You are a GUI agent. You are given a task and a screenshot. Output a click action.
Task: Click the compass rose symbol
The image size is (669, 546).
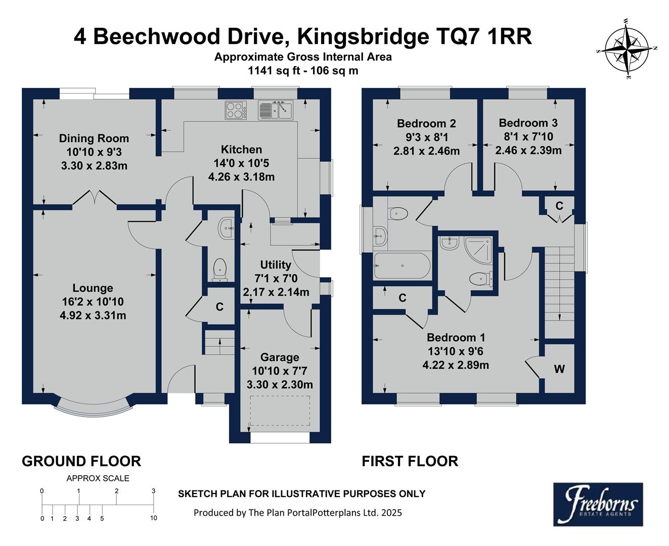(x=627, y=49)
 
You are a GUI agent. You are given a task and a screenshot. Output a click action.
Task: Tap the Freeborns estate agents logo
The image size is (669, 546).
(x=598, y=504)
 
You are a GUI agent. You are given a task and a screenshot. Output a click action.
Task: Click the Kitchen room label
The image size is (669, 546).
(x=241, y=150)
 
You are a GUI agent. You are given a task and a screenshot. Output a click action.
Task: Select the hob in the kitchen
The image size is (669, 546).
(x=236, y=110)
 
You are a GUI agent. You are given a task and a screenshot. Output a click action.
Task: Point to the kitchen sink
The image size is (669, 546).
(x=276, y=110)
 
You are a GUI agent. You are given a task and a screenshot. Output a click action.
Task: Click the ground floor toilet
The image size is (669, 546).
(x=220, y=269)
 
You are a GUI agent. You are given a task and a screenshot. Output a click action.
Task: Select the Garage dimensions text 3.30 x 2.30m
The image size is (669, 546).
(x=280, y=385)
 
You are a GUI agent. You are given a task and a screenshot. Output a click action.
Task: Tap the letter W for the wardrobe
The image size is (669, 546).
(x=559, y=370)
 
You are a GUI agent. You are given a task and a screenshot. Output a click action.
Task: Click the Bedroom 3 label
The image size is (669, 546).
(x=528, y=123)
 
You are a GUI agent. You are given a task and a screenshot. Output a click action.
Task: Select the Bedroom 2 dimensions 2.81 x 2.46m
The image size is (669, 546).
(x=426, y=151)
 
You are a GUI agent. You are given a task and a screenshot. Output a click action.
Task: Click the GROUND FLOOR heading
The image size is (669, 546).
(x=81, y=461)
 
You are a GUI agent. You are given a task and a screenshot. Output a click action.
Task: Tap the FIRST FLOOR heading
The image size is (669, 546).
(x=410, y=461)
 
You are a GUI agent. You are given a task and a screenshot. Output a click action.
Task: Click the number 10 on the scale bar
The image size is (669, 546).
(x=154, y=518)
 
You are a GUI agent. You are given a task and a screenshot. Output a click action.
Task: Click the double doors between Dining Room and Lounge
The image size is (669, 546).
(x=95, y=198)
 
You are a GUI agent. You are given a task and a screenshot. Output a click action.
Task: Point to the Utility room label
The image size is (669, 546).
(x=276, y=265)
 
